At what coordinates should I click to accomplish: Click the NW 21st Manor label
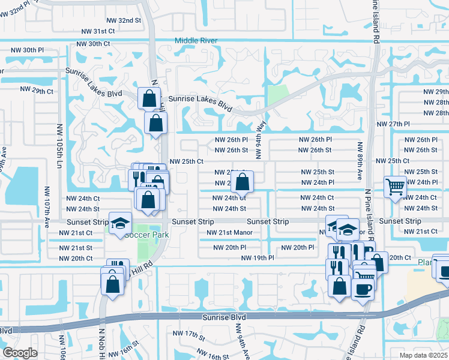tap(230, 232)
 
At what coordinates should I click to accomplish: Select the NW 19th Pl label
tap(258, 258)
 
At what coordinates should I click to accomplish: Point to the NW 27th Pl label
tap(393, 124)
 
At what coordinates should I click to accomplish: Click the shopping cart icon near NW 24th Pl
tap(395, 187)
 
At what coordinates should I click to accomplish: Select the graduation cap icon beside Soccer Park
tap(120, 223)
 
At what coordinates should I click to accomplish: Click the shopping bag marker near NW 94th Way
tap(242, 181)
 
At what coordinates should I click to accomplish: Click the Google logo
tap(20, 353)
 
